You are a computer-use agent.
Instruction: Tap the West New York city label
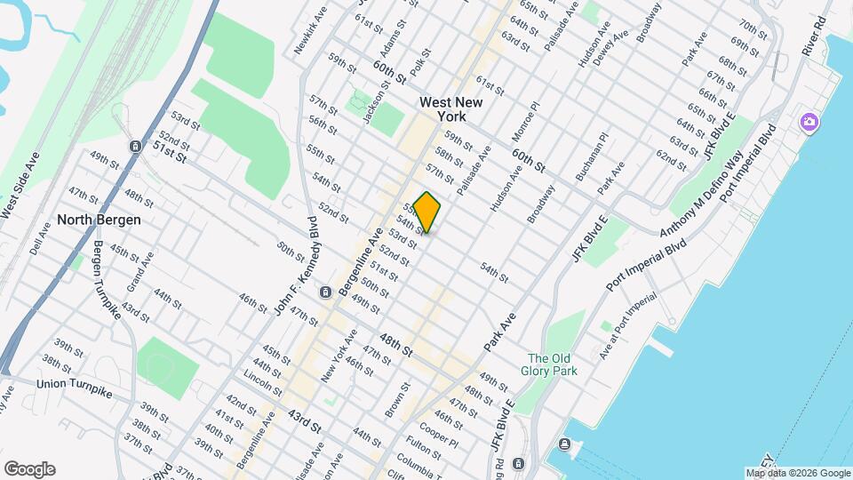pos(450,109)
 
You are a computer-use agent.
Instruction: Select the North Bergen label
pos(100,220)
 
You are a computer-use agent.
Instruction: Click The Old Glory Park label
pos(553,364)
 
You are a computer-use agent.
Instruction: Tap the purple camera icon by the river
pos(809,122)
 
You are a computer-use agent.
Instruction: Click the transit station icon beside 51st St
pos(134,146)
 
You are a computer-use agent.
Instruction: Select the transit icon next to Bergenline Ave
pos(325,292)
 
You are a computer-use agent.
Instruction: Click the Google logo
pos(28,468)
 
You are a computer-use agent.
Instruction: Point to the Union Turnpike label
pos(75,386)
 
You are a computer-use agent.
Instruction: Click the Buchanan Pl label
pos(592,157)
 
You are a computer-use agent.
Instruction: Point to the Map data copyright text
pos(797,473)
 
